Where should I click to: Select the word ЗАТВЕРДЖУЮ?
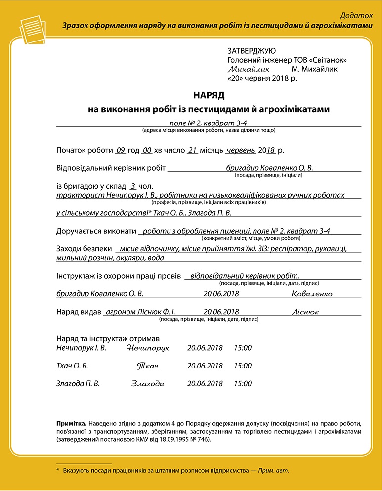coord(252,51)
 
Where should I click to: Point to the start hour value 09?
coord(121,150)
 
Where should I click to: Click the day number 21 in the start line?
coord(193,150)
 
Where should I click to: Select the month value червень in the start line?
coord(240,150)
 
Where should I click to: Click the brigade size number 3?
coord(132,186)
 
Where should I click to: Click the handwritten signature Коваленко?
coord(312,294)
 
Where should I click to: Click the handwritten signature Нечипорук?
coord(147,348)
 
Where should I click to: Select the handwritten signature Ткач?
coord(147,366)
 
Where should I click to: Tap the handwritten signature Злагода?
coord(147,384)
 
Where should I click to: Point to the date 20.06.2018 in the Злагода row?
coord(205,384)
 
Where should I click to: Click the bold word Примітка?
coord(72,424)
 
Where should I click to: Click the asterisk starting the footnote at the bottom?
coord(58,470)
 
